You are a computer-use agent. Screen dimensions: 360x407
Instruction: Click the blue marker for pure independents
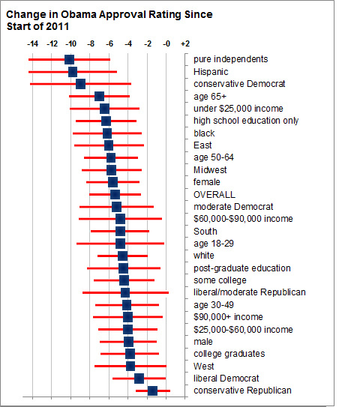[69, 59]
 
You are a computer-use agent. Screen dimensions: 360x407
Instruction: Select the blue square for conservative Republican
[152, 391]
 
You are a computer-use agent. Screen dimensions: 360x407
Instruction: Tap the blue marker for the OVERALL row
[115, 194]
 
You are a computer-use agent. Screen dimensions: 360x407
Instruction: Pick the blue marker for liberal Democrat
[139, 379]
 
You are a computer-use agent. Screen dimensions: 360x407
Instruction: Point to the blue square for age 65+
[100, 96]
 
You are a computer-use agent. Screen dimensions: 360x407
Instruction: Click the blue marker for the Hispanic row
[73, 72]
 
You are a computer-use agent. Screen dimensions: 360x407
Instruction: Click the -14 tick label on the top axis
[32, 44]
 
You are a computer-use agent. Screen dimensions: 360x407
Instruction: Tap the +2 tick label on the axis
[185, 44]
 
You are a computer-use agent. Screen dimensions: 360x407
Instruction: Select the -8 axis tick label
[91, 44]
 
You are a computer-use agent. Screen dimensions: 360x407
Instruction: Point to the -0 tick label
[166, 44]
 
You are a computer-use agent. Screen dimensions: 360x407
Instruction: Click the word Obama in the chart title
[78, 14]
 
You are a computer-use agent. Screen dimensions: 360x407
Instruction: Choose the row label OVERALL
[214, 194]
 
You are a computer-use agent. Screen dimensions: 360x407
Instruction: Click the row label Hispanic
[211, 72]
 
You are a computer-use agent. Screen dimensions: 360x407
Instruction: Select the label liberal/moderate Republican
[250, 292]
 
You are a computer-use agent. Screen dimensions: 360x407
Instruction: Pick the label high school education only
[246, 121]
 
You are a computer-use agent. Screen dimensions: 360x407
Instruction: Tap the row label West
[204, 367]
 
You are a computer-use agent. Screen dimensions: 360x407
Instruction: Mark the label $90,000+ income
[228, 317]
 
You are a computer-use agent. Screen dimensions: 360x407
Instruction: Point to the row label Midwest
[210, 170]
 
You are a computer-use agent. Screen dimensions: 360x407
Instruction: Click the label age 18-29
[214, 244]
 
